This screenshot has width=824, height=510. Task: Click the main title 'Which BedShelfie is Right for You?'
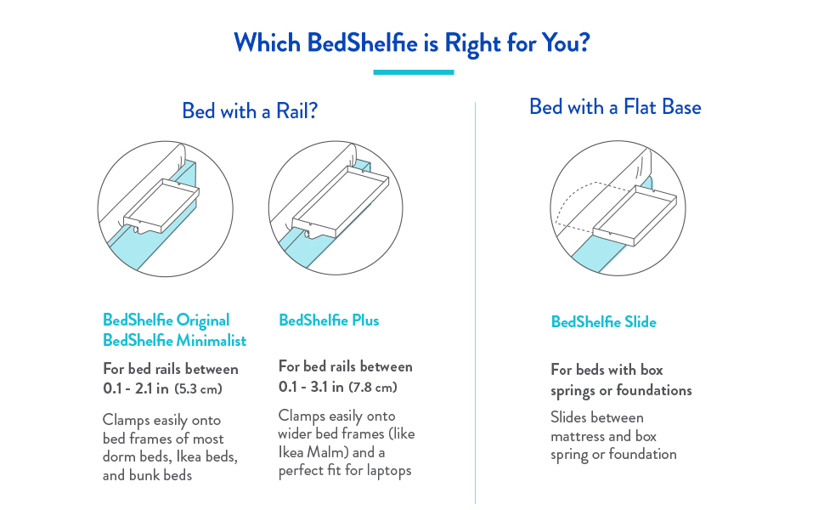[x=412, y=42]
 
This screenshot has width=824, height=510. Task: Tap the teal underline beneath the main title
[x=414, y=72]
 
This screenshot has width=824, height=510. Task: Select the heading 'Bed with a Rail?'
[x=250, y=111]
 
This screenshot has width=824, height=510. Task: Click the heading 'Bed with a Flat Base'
[x=615, y=107]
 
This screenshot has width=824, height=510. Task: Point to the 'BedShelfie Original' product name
[x=166, y=320]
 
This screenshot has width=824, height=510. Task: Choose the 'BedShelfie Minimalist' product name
[x=174, y=341]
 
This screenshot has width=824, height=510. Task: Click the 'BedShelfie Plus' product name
[x=329, y=320]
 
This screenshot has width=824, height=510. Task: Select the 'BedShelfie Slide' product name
[x=603, y=322]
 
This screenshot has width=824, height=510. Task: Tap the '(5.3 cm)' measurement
[x=198, y=389]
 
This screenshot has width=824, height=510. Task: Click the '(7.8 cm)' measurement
[x=374, y=388]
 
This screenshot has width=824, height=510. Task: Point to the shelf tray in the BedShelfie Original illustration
[x=161, y=206]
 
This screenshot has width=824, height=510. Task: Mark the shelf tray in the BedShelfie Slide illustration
[x=635, y=215]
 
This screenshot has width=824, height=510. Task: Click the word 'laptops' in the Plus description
[x=389, y=471]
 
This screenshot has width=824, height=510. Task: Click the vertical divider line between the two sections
[x=475, y=303]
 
